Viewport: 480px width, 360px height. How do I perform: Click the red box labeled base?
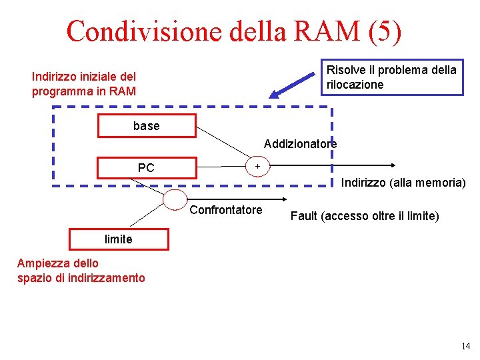point(147,126)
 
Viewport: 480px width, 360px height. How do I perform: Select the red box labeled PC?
point(147,167)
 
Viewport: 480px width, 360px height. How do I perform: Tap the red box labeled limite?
point(119,239)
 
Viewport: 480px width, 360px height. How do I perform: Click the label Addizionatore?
point(300,144)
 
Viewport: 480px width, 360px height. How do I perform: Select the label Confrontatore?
point(226,211)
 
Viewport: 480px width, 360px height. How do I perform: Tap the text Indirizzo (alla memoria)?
point(403,182)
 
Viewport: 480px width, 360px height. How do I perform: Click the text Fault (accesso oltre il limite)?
point(365,215)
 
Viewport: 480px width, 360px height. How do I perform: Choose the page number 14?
point(465,346)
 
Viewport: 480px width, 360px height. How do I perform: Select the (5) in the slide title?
point(383,31)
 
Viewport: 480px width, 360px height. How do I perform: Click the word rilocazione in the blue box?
point(355,85)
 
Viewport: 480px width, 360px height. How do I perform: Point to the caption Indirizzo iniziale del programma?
point(84,84)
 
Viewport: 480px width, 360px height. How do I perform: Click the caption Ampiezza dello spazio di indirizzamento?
point(81,271)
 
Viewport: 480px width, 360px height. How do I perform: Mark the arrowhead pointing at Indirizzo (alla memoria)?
point(394,167)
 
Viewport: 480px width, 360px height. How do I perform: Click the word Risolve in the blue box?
point(345,70)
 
